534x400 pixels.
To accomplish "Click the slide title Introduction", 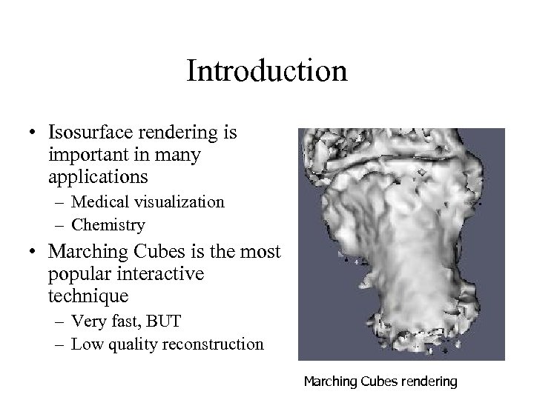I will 266,72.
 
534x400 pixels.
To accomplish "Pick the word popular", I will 77,275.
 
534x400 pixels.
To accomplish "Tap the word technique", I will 88,297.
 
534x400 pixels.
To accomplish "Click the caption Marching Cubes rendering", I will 380,382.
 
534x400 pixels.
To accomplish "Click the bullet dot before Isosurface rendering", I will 34,134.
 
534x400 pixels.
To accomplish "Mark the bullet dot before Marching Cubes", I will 34,253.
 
